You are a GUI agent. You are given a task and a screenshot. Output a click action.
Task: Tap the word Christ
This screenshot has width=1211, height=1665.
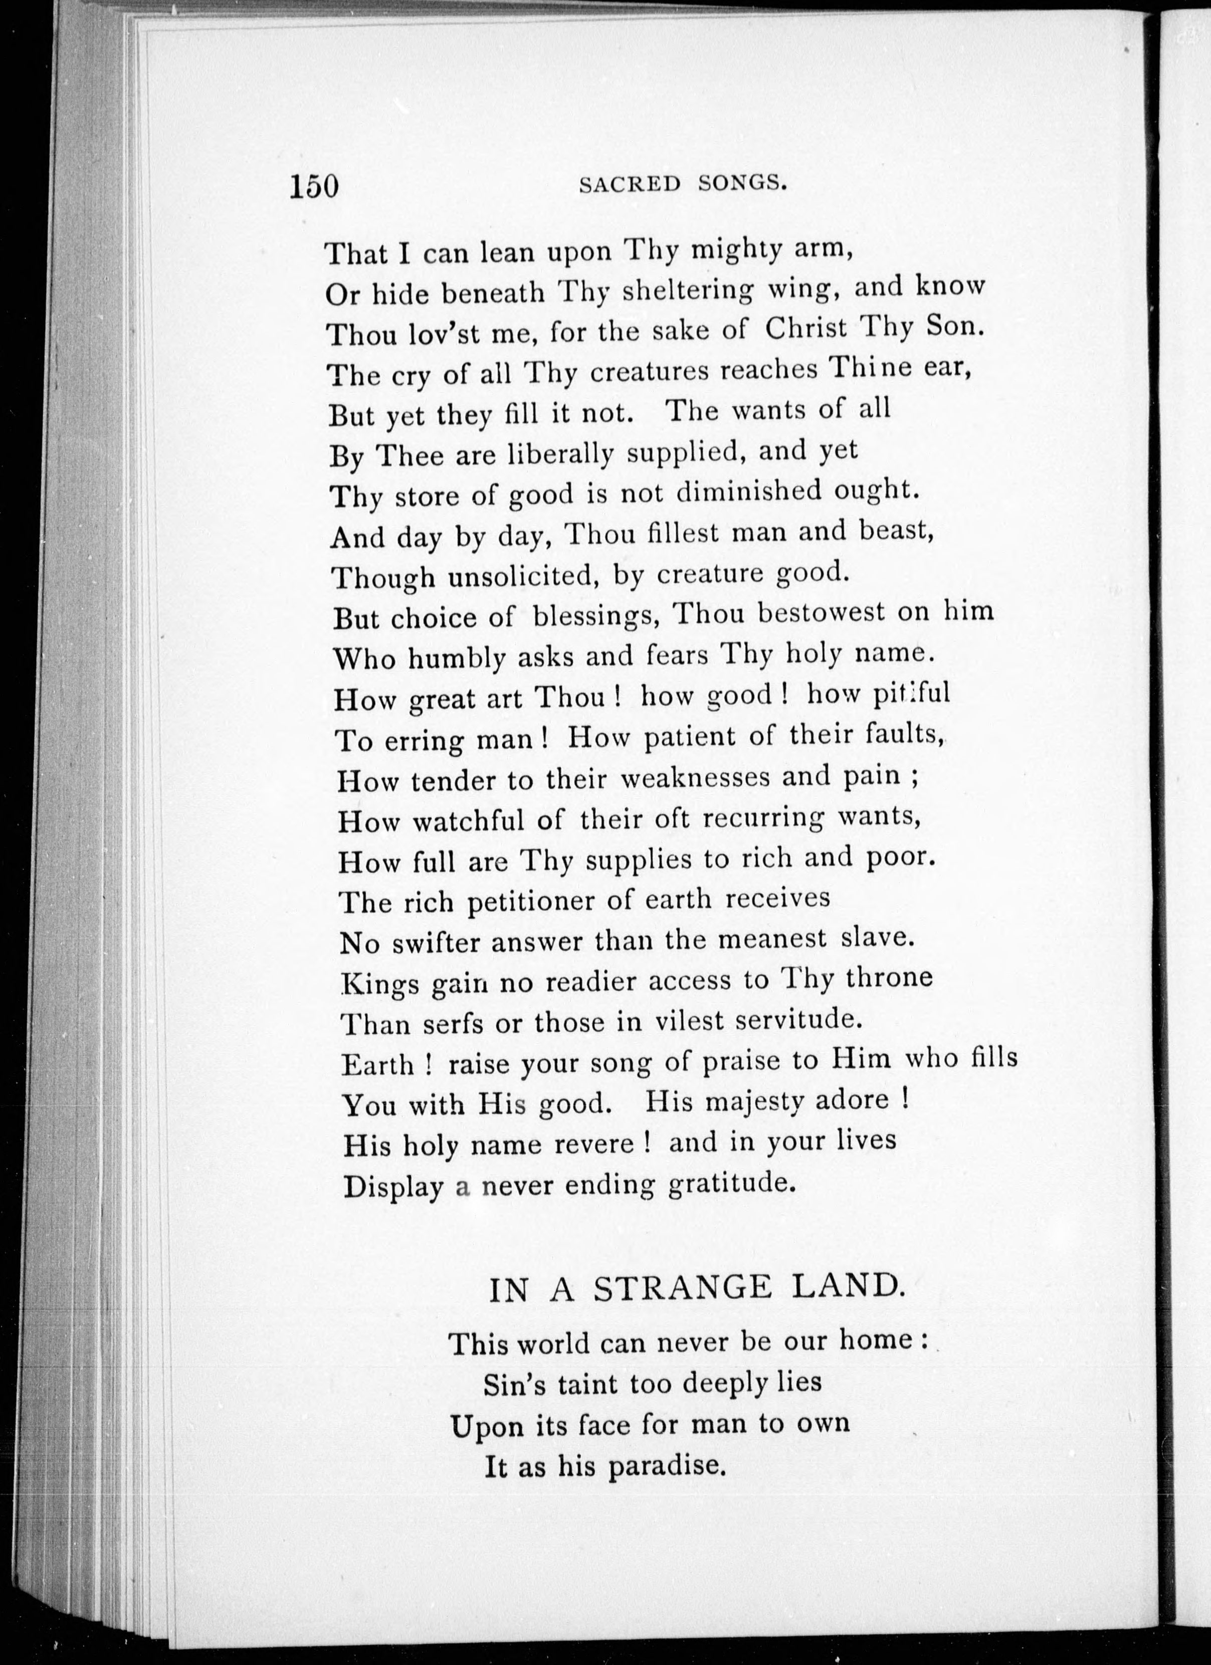(x=806, y=328)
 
